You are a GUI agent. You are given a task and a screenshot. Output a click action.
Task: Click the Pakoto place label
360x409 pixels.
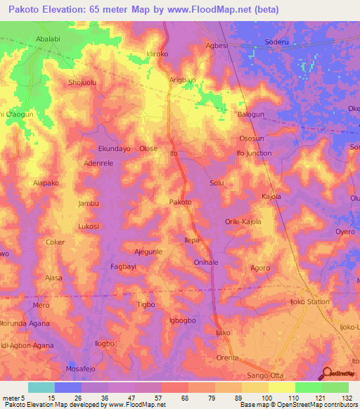tap(181, 202)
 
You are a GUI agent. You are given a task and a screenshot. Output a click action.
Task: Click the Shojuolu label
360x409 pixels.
tap(82, 82)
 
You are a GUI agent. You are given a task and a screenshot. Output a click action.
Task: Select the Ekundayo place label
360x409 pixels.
tap(114, 149)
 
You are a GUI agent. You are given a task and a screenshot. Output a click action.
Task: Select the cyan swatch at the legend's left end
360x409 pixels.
tap(41, 387)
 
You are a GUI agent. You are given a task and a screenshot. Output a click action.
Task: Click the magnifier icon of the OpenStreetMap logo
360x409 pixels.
tap(327, 373)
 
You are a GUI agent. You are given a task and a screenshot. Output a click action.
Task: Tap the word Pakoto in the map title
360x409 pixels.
tap(26, 10)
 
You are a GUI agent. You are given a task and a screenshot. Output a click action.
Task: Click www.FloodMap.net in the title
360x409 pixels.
tap(217, 10)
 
